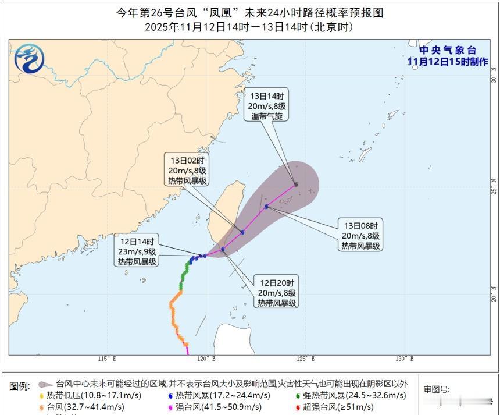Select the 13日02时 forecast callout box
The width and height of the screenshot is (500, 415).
186,170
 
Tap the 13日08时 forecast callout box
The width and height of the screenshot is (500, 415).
360,235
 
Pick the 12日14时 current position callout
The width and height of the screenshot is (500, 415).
137,251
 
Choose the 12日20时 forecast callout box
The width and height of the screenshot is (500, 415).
277,292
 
